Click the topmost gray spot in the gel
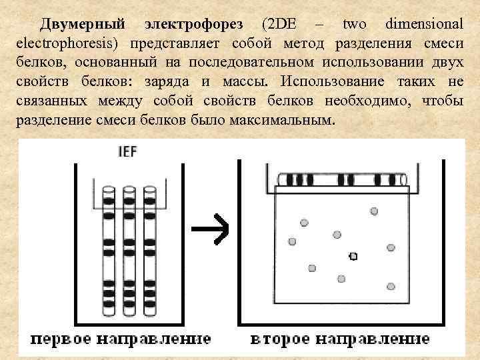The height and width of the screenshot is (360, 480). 374,211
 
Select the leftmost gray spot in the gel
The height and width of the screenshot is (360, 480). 291,241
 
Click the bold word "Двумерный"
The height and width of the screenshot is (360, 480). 82,25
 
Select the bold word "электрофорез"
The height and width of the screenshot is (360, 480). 197,25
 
